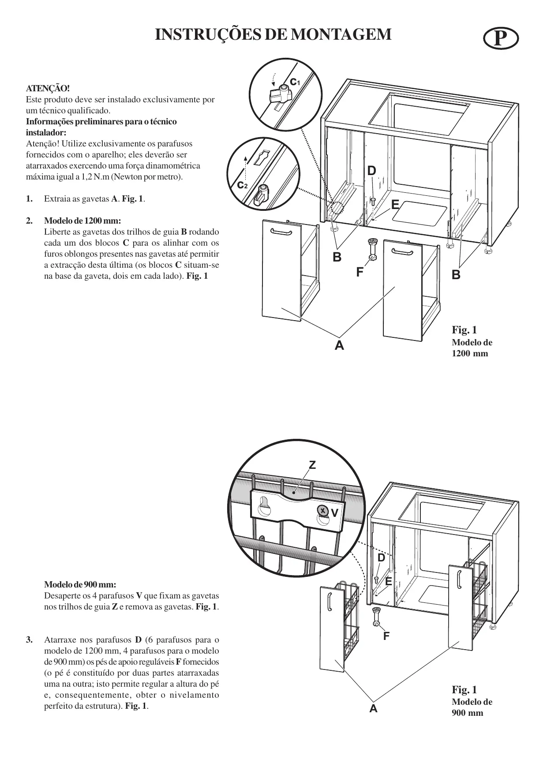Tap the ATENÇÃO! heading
pos(48,88)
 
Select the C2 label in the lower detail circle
pos(243,185)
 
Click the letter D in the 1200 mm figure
pos(372,171)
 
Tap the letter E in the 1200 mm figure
pos(395,205)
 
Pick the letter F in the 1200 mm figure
pos(360,273)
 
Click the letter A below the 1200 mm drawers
pos(339,345)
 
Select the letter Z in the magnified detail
pos(312,465)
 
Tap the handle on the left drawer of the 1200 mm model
pos(281,232)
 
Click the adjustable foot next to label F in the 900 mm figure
pos(376,616)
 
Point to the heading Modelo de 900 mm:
pos(80,585)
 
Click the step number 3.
pos(29,640)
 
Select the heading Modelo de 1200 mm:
pos(82,221)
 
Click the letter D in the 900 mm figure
pos(381,558)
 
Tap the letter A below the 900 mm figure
pos(374,709)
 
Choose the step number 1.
pos(29,198)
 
